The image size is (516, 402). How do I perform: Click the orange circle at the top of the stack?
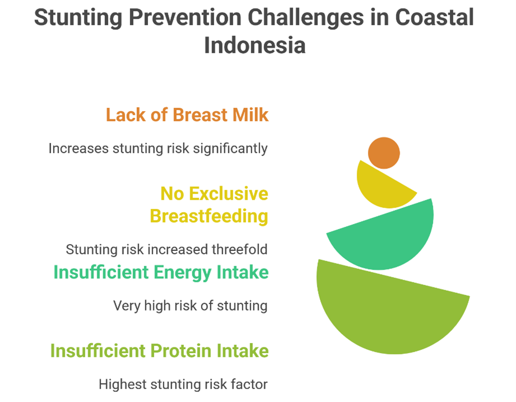tap(384, 153)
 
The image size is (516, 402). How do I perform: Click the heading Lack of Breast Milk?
tap(187, 115)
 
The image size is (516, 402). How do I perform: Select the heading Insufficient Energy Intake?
tap(162, 272)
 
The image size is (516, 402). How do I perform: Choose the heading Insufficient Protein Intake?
tap(160, 350)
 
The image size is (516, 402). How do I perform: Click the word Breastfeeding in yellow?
tap(209, 216)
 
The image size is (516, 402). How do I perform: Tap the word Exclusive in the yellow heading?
tap(228, 194)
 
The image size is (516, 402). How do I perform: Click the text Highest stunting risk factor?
tap(183, 384)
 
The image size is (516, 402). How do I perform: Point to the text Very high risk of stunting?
tap(191, 306)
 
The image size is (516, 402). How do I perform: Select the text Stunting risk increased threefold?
tap(167, 249)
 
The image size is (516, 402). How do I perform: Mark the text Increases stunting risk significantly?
tap(158, 149)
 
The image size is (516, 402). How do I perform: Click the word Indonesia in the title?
tap(255, 45)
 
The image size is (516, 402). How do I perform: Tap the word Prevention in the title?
tap(185, 17)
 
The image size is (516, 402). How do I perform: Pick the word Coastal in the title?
tap(434, 17)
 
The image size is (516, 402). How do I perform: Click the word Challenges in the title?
tap(306, 18)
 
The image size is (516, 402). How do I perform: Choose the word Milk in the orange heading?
tap(251, 115)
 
